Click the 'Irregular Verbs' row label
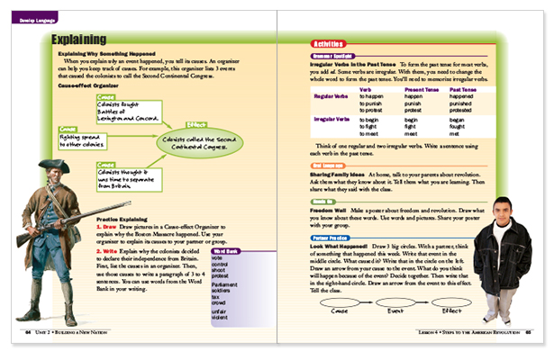pyautogui.click(x=330, y=119)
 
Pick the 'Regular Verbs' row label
pyautogui.click(x=330, y=95)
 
